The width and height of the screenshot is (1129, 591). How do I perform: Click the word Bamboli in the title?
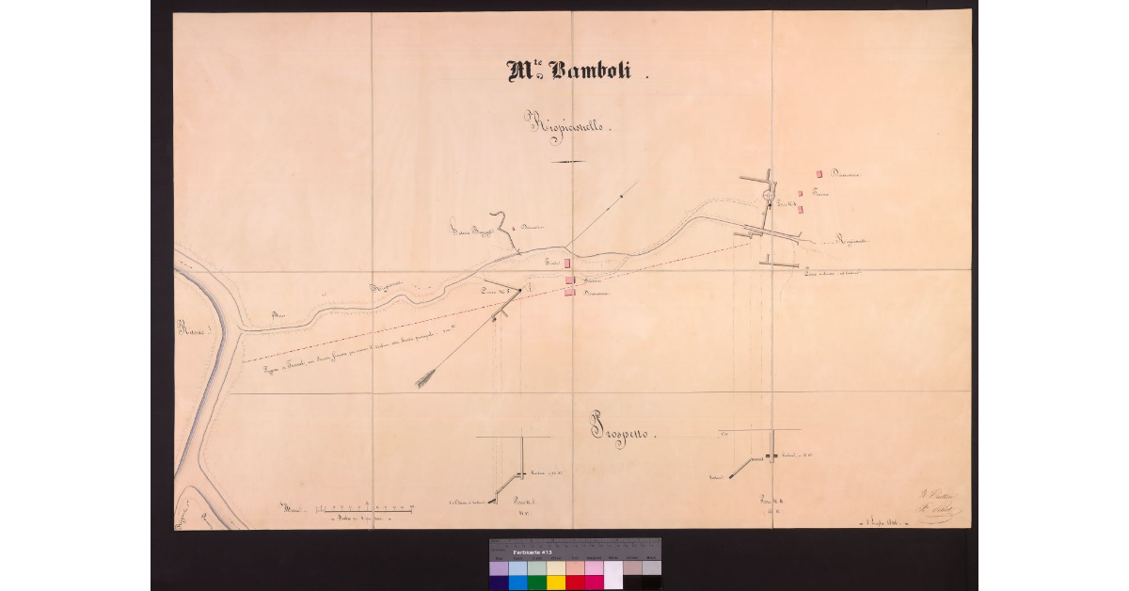(594, 72)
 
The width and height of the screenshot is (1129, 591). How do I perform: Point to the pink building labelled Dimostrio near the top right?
(819, 174)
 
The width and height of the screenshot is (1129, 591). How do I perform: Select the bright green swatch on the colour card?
(536, 583)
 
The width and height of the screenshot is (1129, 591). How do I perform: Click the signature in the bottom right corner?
(936, 507)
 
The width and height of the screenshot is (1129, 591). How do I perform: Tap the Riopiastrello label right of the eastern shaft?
(852, 242)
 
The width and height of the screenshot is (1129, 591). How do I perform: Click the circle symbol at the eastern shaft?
(769, 196)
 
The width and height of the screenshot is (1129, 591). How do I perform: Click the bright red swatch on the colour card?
(575, 583)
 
